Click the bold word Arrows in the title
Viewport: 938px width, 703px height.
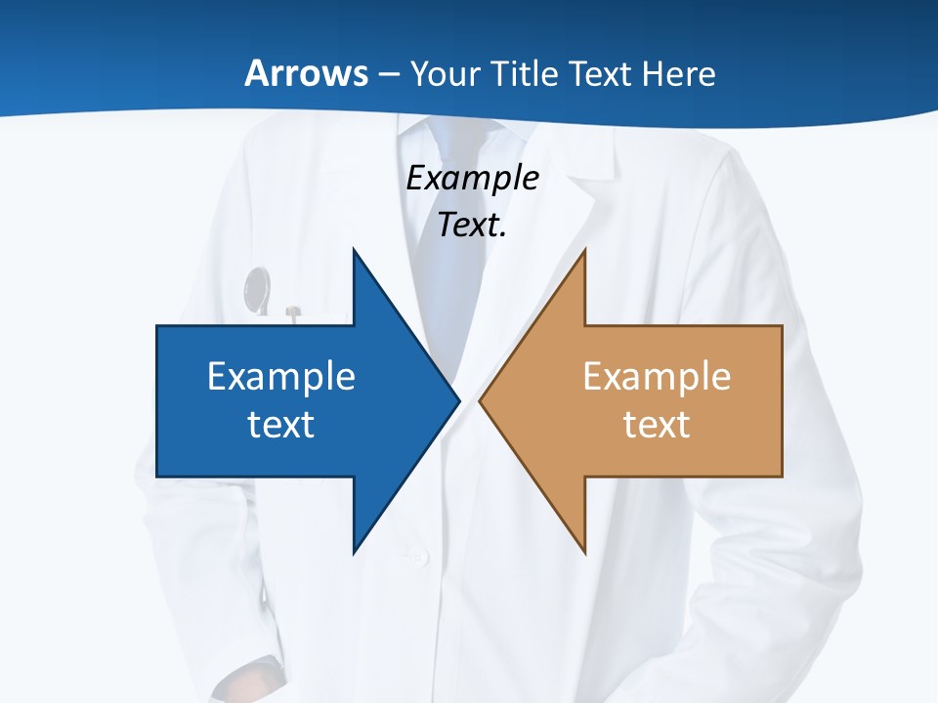coord(306,73)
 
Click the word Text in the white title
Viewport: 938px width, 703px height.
coord(601,73)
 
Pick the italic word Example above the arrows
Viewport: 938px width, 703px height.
coord(472,178)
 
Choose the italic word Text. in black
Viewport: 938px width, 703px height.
coord(472,225)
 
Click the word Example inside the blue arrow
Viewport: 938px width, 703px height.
coord(281,376)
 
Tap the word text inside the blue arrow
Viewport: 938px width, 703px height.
coord(281,424)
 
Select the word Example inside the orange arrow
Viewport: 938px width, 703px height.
coord(657,376)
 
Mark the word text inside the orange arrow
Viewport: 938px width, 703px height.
coord(657,424)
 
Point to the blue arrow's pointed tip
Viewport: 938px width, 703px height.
coord(458,400)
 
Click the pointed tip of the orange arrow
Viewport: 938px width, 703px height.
coord(481,400)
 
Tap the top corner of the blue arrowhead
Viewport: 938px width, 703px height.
coord(354,250)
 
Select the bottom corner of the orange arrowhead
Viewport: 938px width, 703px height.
coord(584,553)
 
